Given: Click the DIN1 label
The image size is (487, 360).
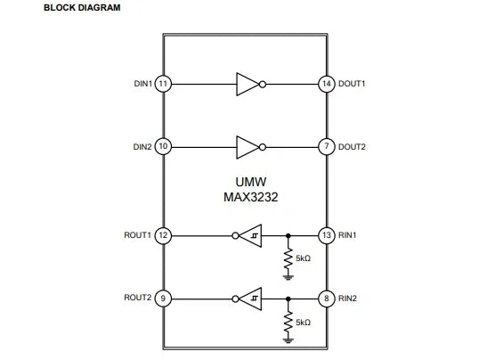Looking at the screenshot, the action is [143, 84].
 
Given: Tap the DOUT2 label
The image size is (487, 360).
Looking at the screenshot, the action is [352, 147].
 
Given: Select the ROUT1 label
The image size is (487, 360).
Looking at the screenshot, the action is [138, 235].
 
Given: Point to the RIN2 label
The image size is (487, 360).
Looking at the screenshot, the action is [347, 299].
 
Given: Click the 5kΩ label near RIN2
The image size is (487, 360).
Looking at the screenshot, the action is [303, 323].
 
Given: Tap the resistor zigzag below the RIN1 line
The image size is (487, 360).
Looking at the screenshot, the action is [288, 258].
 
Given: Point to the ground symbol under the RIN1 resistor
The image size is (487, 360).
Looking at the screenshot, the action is [288, 277].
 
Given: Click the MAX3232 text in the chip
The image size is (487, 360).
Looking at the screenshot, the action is [251, 197].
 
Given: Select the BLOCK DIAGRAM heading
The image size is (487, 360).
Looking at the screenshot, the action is [82, 8].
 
